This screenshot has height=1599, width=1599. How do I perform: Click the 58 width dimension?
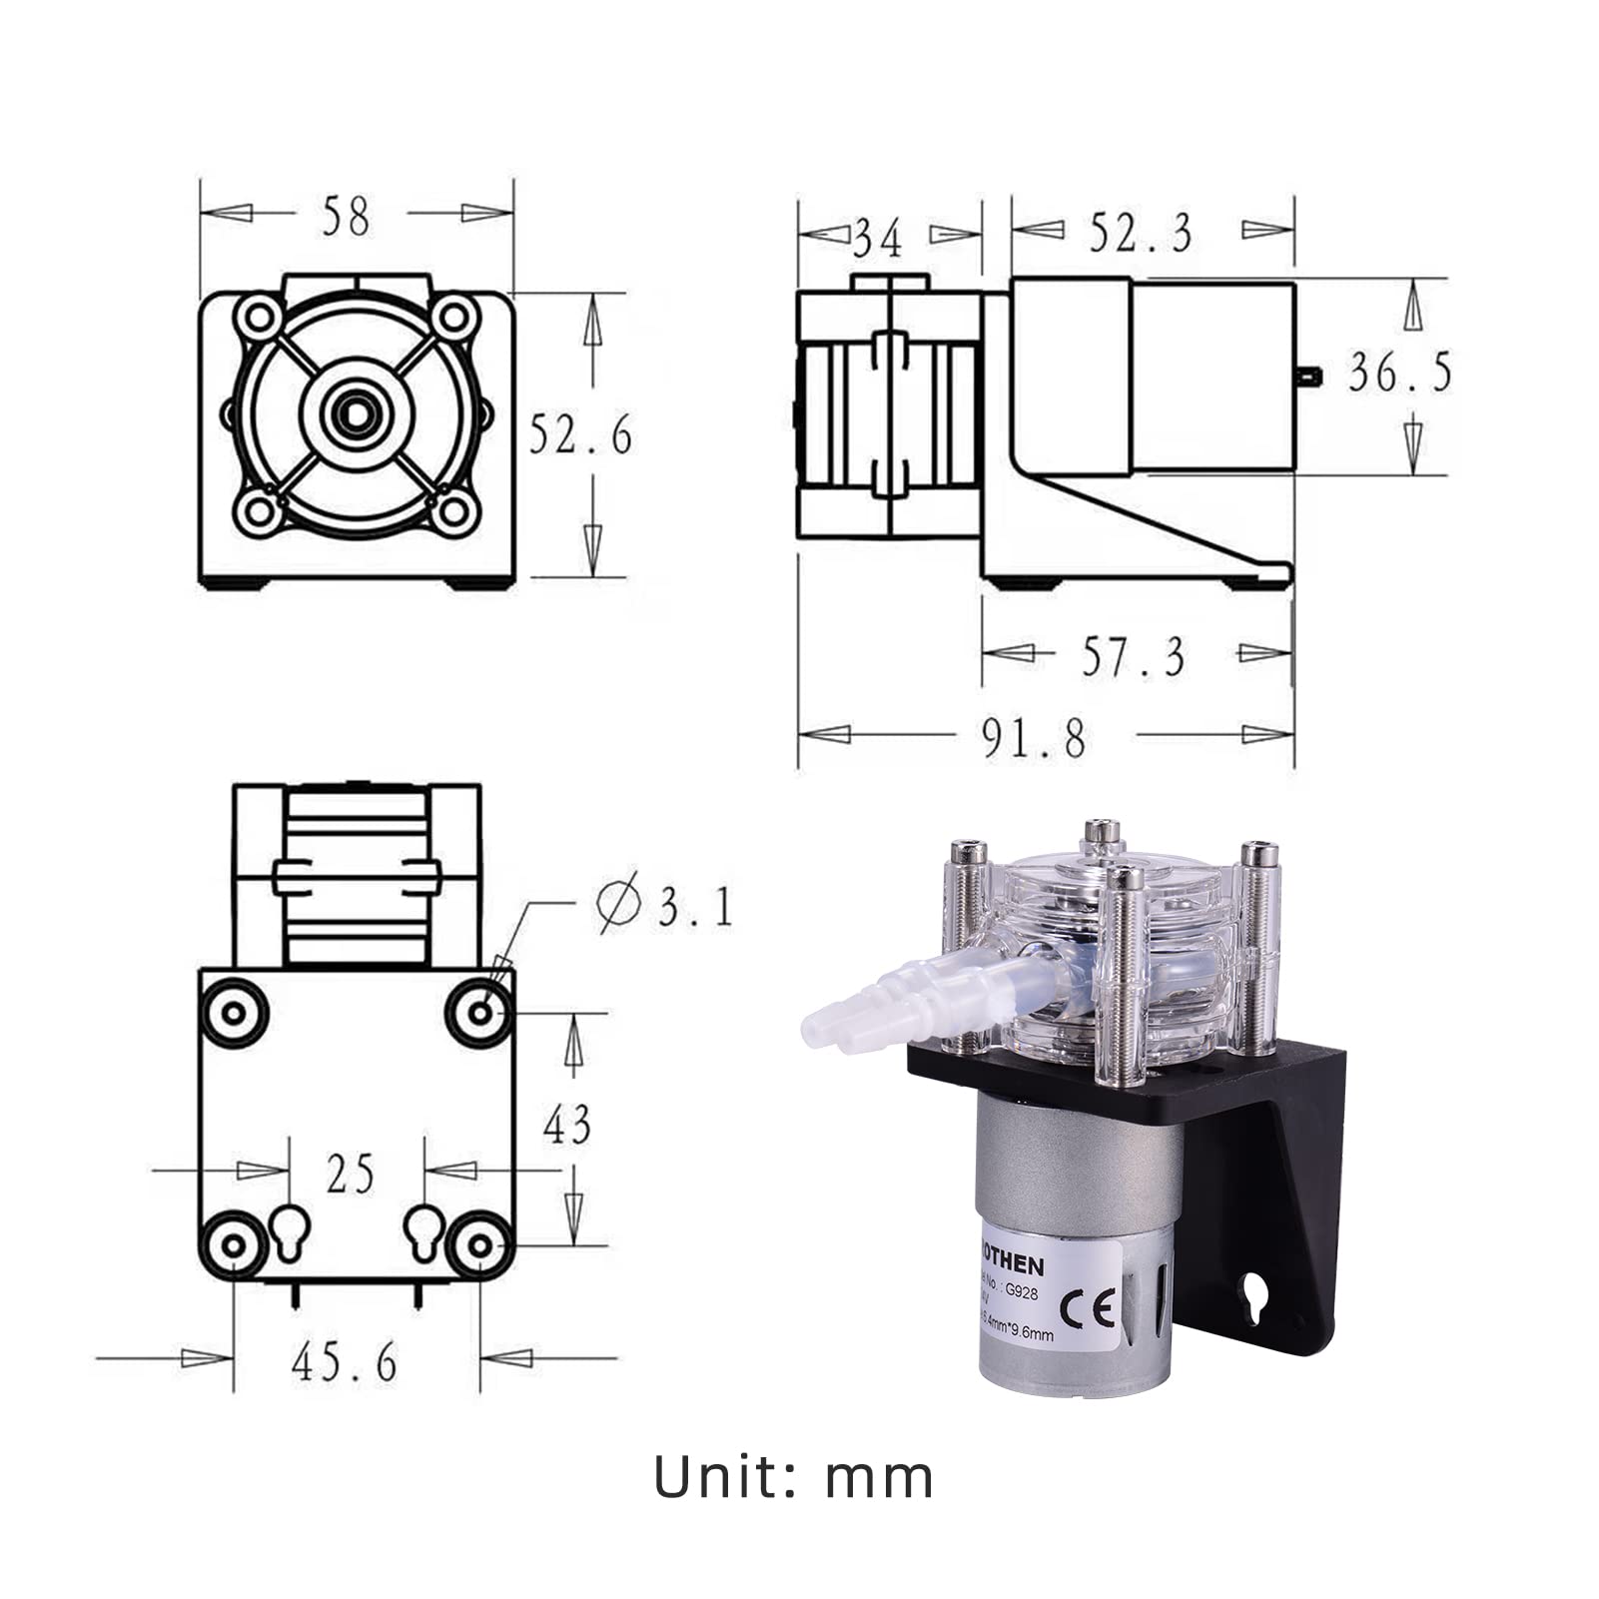pos(346,216)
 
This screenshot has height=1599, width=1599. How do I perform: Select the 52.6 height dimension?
pos(580,434)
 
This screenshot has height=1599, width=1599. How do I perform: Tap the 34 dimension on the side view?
pos(878,238)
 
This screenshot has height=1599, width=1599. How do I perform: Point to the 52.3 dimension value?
pos(1140,233)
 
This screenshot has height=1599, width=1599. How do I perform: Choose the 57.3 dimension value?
pos(1134,656)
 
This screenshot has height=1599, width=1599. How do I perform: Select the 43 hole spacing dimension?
pos(566,1125)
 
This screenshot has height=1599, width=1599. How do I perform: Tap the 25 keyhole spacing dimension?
pos(350,1174)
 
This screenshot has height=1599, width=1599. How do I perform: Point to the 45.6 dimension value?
pos(345,1360)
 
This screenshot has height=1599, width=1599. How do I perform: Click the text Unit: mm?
pos(793,1478)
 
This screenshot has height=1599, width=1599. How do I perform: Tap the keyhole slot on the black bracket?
pos(1254,1296)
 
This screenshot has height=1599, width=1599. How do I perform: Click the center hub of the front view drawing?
pos(356,410)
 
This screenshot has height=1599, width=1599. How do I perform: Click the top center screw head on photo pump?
pos(1100,831)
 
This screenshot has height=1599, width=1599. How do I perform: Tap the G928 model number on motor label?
pos(1022,1290)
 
